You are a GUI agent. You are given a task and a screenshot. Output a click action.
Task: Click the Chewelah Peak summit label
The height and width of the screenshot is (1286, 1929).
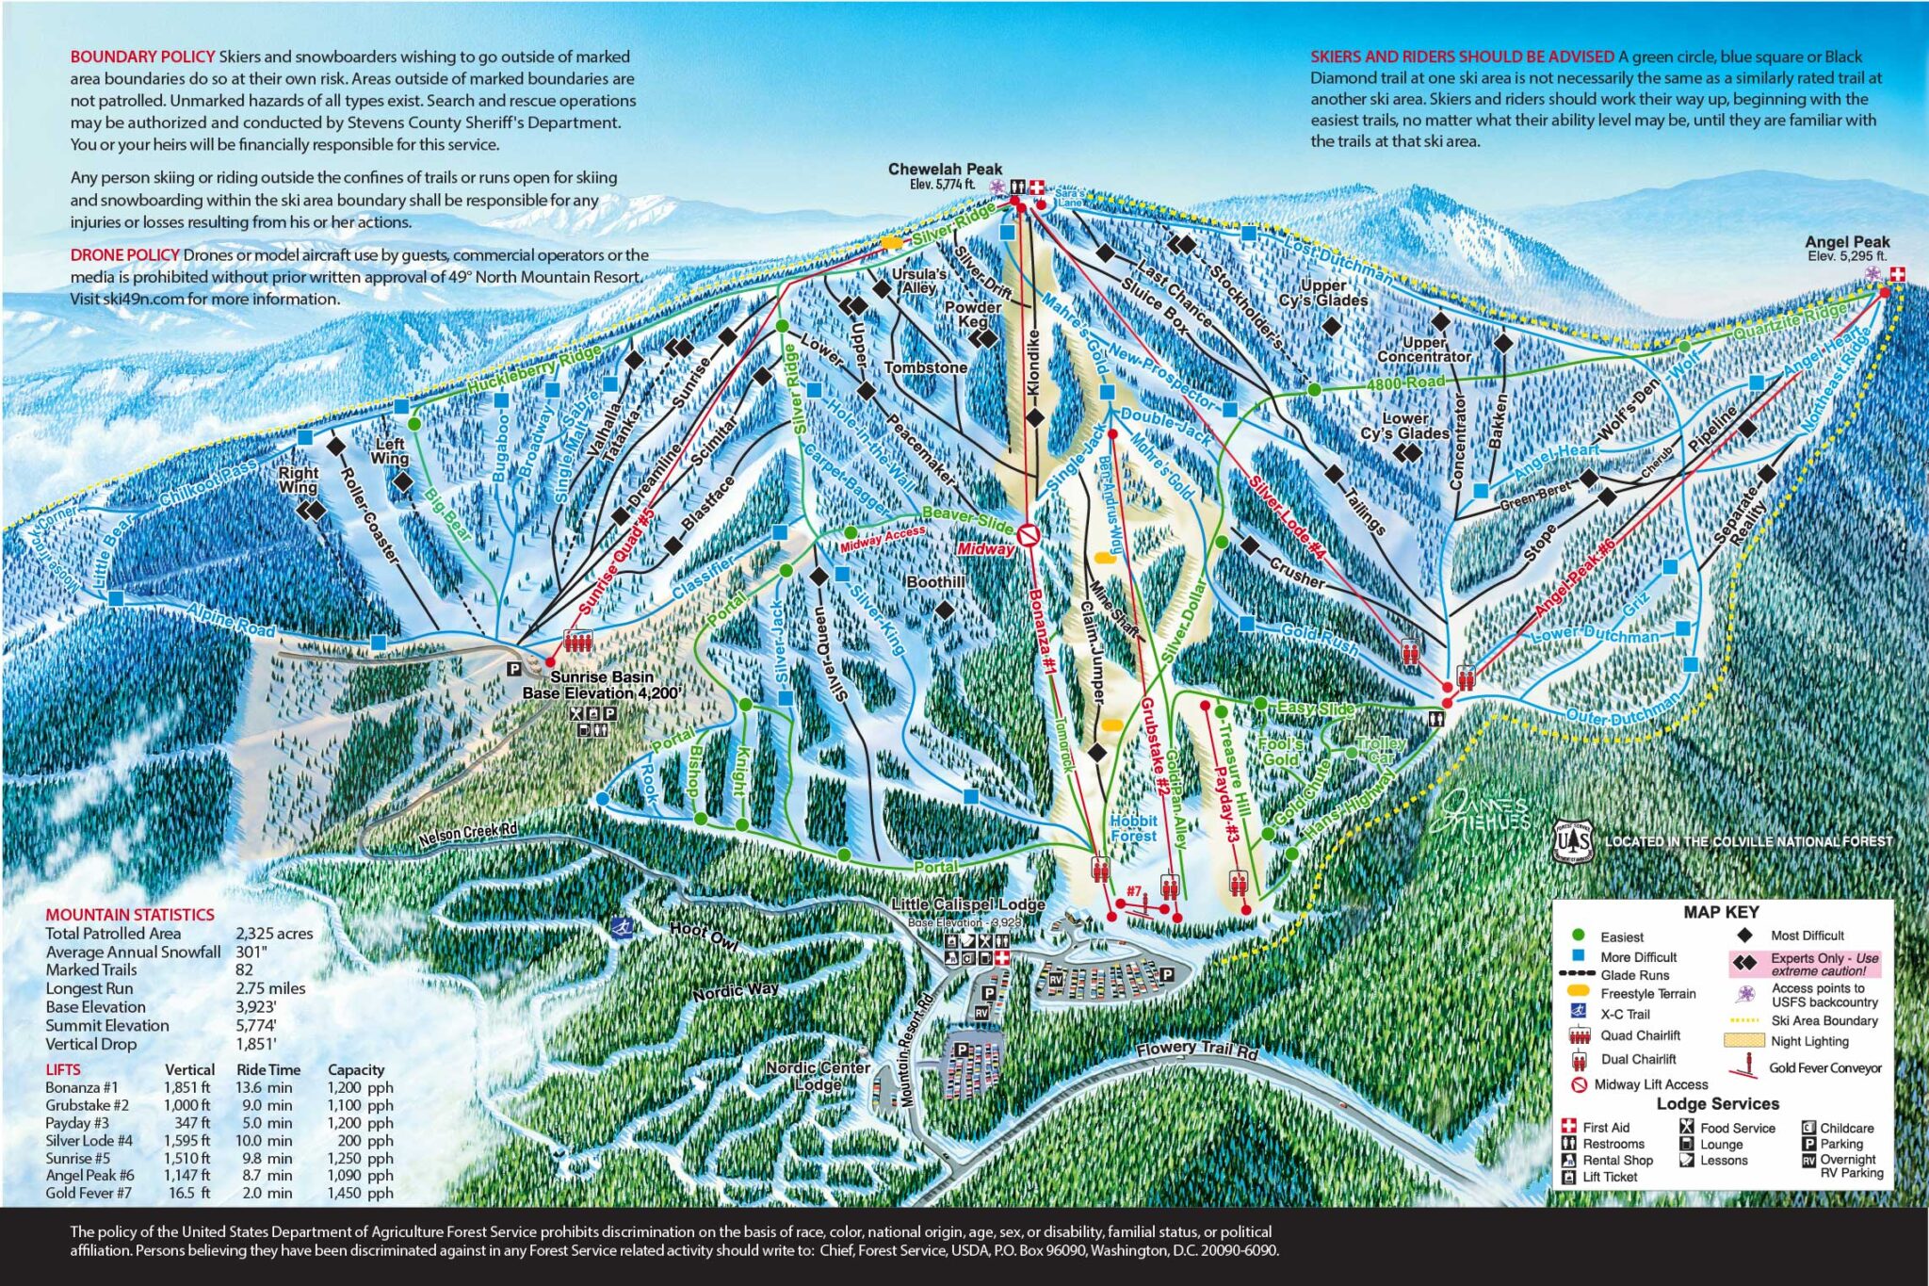945,170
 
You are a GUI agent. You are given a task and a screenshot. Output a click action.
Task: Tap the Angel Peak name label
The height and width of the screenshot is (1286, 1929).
1846,242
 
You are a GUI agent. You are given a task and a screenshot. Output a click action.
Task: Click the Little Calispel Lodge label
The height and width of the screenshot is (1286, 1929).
968,904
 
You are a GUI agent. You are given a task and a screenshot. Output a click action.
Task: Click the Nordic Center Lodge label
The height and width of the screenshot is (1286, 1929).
817,1075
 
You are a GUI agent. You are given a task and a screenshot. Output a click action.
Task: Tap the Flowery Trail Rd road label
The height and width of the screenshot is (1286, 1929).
1196,1049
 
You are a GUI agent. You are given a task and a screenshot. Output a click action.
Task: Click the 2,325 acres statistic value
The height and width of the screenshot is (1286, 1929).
274,934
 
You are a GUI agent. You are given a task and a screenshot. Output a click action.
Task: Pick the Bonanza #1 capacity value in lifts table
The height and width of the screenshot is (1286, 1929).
360,1087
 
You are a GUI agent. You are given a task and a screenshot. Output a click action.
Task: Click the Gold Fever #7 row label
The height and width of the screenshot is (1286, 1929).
89,1193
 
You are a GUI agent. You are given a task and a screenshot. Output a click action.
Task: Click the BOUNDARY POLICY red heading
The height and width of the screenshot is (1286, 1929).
142,57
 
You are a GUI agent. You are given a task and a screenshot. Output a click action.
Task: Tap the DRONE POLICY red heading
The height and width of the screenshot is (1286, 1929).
124,255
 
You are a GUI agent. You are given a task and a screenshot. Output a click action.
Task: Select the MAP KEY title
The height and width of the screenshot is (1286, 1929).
1721,912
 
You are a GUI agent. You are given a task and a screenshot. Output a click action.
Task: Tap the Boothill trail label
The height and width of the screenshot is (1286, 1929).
934,582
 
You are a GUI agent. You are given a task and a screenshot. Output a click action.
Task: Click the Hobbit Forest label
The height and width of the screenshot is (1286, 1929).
1133,828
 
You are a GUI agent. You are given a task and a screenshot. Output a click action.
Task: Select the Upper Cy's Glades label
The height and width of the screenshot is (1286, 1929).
1322,292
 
